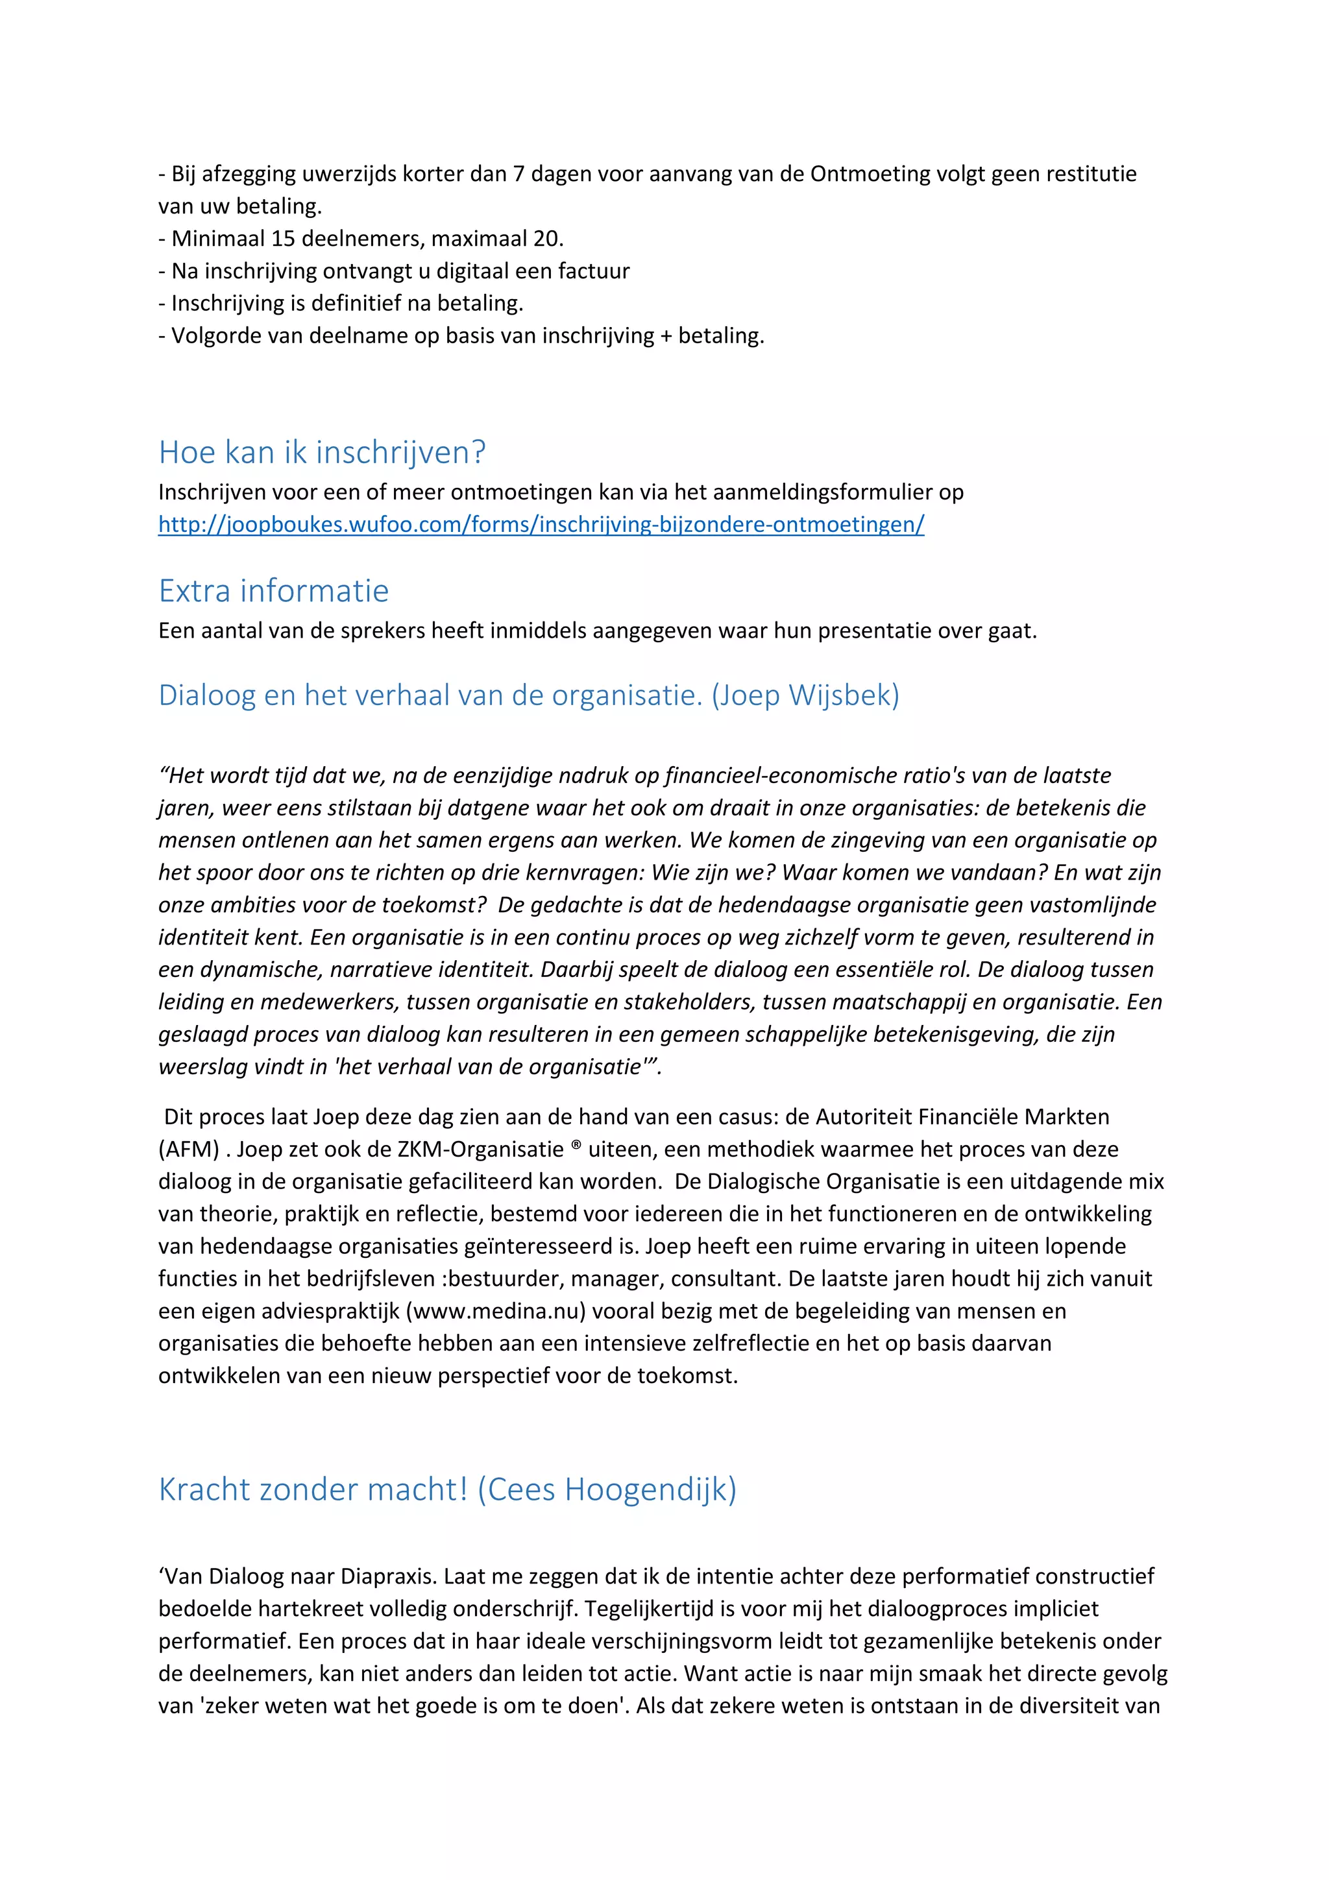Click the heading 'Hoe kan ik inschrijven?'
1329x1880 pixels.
coord(322,452)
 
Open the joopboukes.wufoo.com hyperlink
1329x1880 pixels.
coord(541,524)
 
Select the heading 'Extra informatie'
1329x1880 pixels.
coord(273,590)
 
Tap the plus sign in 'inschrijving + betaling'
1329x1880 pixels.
coord(666,336)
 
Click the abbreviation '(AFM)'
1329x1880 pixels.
coord(188,1149)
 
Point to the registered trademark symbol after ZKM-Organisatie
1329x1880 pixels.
coord(576,1146)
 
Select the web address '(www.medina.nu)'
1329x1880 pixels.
coord(495,1311)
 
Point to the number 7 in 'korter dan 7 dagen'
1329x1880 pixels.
coord(518,174)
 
